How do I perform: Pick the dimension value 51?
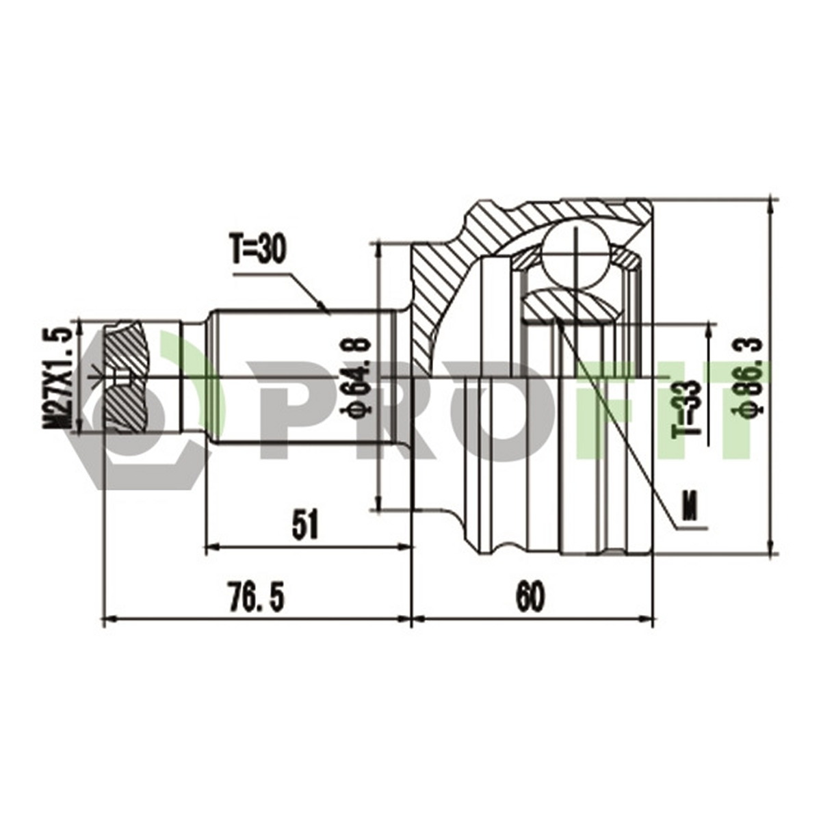click(x=307, y=525)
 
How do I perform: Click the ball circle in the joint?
click(x=575, y=257)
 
